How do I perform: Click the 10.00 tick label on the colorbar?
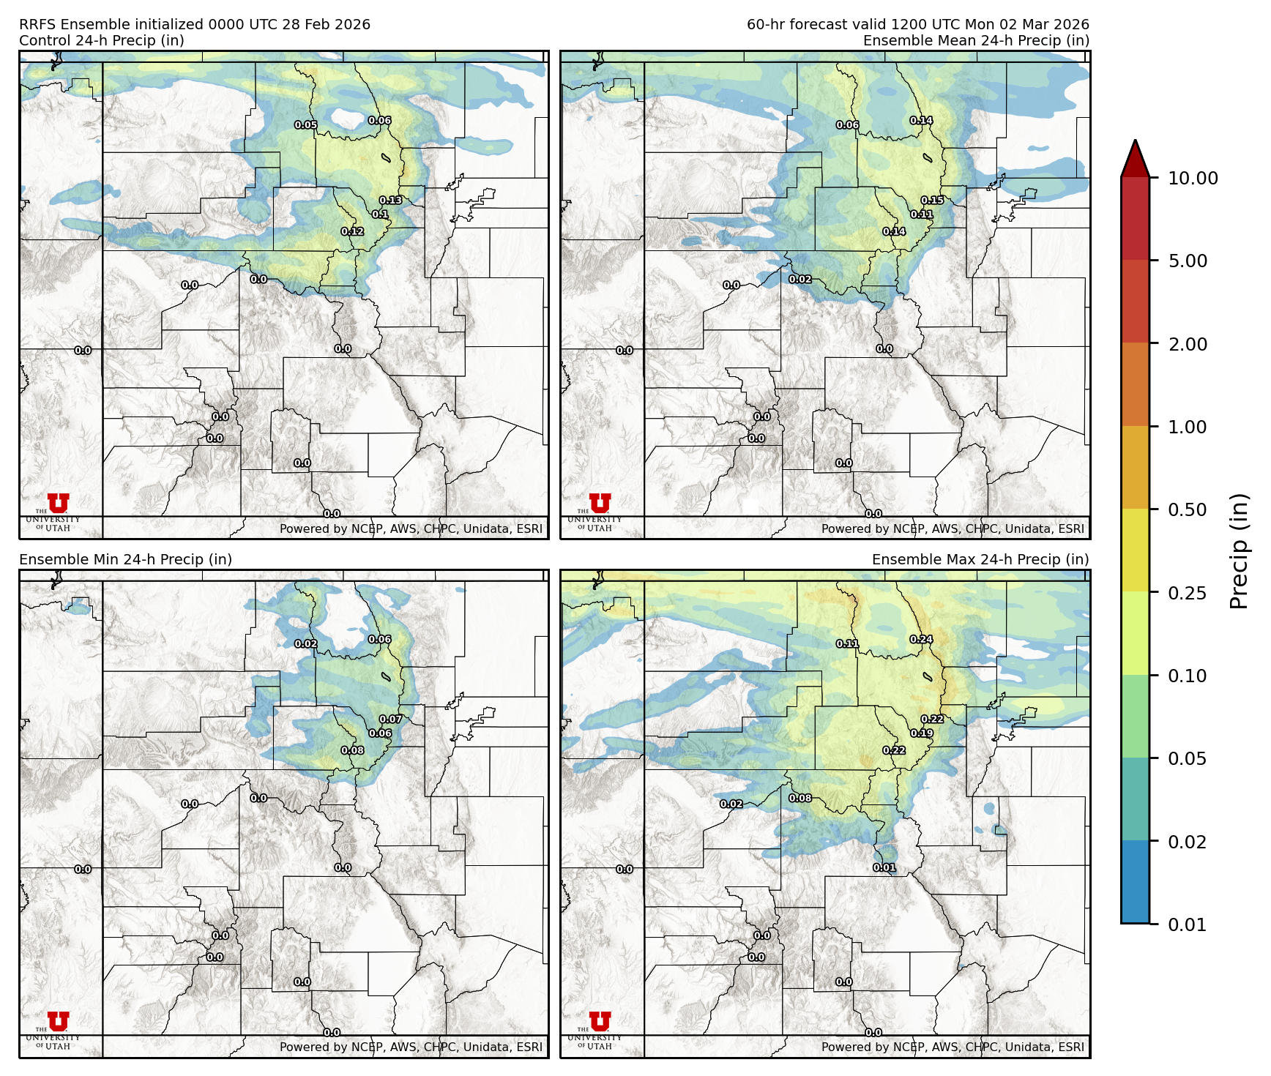(x=1193, y=178)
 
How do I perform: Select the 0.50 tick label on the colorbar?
(x=1188, y=509)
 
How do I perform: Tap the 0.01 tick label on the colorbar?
(x=1188, y=924)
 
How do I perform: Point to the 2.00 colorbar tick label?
(x=1188, y=344)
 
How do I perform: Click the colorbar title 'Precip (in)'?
(x=1239, y=550)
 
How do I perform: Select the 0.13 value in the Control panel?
(x=390, y=201)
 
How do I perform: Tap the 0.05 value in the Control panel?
(x=305, y=125)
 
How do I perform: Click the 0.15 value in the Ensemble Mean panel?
(x=932, y=201)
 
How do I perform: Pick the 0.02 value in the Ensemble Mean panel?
(x=800, y=280)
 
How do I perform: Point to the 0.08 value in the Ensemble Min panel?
(x=352, y=750)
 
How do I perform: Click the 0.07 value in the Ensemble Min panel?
(x=390, y=720)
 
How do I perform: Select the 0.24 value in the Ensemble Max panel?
(x=921, y=640)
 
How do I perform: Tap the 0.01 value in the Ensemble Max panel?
(x=884, y=868)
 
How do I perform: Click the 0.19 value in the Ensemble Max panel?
(x=922, y=733)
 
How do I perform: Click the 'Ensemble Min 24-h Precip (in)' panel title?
(x=125, y=560)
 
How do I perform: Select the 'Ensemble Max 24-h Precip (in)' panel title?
(x=980, y=560)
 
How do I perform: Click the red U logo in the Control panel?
(x=59, y=503)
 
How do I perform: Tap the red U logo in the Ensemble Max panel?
(x=600, y=1021)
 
